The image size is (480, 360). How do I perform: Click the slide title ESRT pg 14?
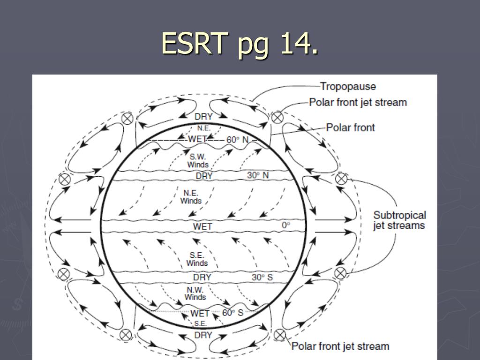click(x=240, y=45)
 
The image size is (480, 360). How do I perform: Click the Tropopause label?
click(x=348, y=86)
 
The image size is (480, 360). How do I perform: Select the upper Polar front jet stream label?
click(x=358, y=102)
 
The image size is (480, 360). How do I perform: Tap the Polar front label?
click(x=351, y=127)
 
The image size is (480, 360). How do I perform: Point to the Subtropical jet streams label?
click(x=399, y=220)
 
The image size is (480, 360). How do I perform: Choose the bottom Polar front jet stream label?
click(x=340, y=346)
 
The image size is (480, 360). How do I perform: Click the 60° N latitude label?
click(x=238, y=140)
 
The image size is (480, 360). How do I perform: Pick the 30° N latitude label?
click(x=258, y=175)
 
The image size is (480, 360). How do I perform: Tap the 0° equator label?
click(x=286, y=225)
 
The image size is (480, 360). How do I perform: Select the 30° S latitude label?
click(x=262, y=277)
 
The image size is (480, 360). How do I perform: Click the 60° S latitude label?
click(x=233, y=313)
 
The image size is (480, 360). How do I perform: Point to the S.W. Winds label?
click(x=198, y=160)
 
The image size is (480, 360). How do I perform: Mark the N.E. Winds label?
click(x=191, y=197)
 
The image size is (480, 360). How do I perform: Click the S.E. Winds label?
click(x=197, y=259)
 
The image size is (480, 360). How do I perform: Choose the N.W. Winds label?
click(x=195, y=293)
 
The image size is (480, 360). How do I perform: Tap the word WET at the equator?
click(x=202, y=227)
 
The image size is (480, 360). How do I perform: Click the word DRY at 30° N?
click(x=204, y=176)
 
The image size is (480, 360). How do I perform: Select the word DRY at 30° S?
click(x=202, y=277)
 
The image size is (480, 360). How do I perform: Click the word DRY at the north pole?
click(x=203, y=117)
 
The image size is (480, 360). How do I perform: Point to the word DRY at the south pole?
click(x=203, y=335)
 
